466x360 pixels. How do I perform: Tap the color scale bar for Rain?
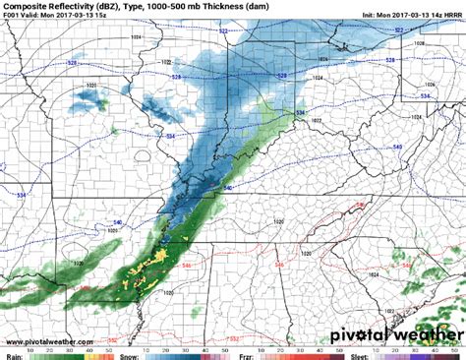click(x=69, y=344)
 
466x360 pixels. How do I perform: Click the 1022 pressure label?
click(x=318, y=120)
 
